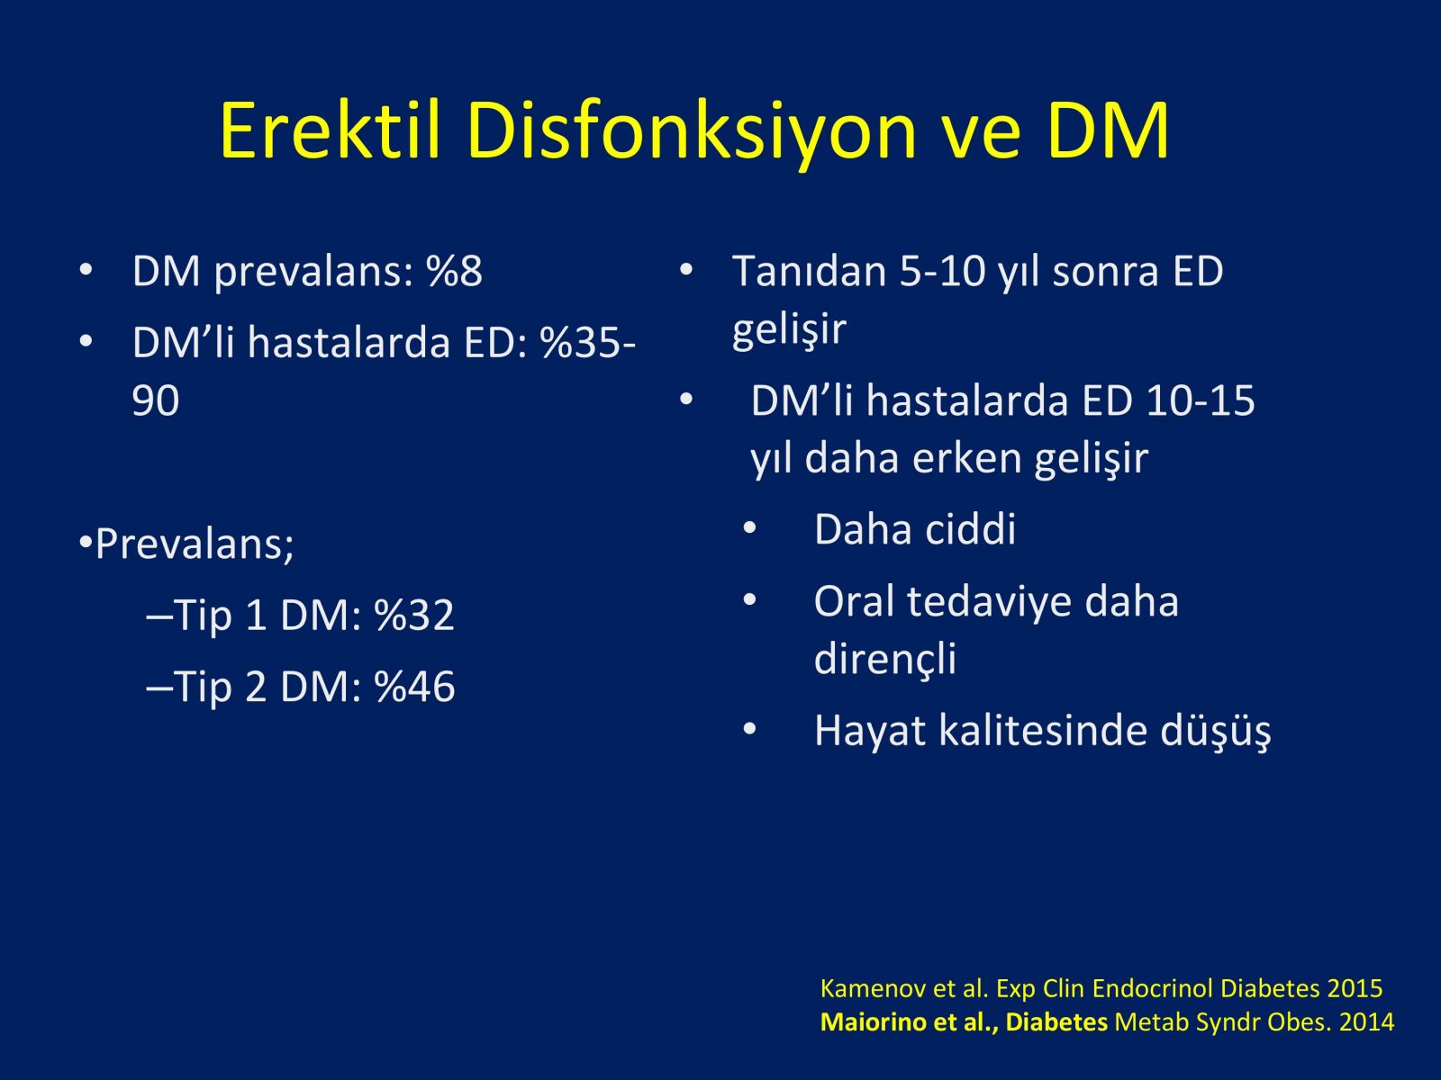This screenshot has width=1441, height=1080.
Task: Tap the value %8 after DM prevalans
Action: pyautogui.click(x=454, y=270)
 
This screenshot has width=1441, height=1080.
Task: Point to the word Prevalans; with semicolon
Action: pyautogui.click(x=195, y=544)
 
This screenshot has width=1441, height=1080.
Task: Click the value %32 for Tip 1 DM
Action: pyautogui.click(x=414, y=615)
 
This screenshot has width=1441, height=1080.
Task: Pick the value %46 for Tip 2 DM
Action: pyautogui.click(x=414, y=687)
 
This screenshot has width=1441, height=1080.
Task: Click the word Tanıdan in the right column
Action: pyautogui.click(x=810, y=270)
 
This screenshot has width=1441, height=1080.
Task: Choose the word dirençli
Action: pyautogui.click(x=885, y=659)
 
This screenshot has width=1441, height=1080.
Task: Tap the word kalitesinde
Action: pyautogui.click(x=1044, y=730)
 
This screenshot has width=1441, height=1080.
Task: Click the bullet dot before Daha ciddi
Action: pyautogui.click(x=749, y=528)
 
